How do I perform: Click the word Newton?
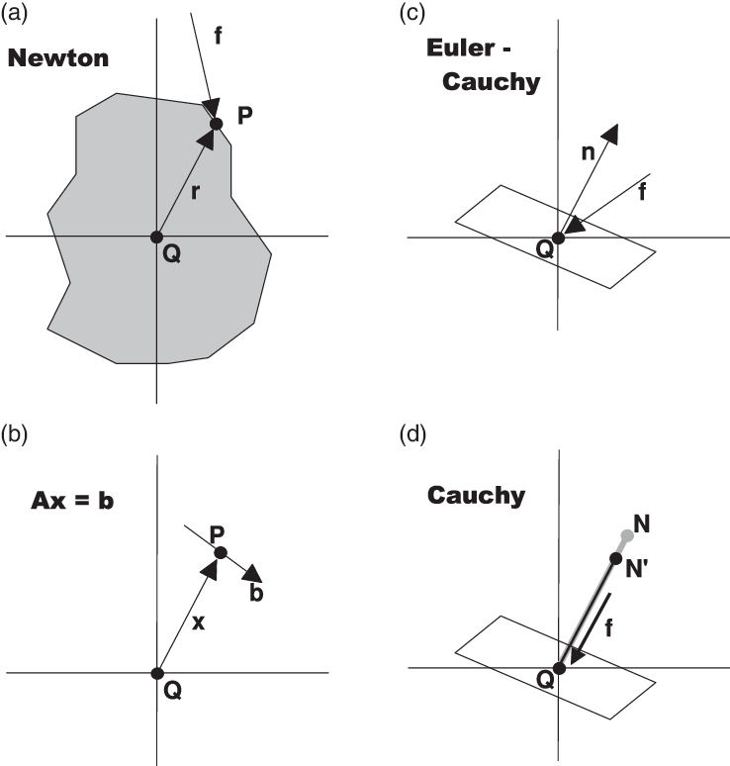point(57,58)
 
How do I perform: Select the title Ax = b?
point(68,500)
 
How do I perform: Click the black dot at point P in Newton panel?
point(217,123)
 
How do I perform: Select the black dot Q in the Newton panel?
point(156,237)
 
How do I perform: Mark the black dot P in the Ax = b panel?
point(221,552)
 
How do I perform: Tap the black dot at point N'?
point(614,558)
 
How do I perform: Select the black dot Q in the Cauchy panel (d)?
point(559,668)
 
